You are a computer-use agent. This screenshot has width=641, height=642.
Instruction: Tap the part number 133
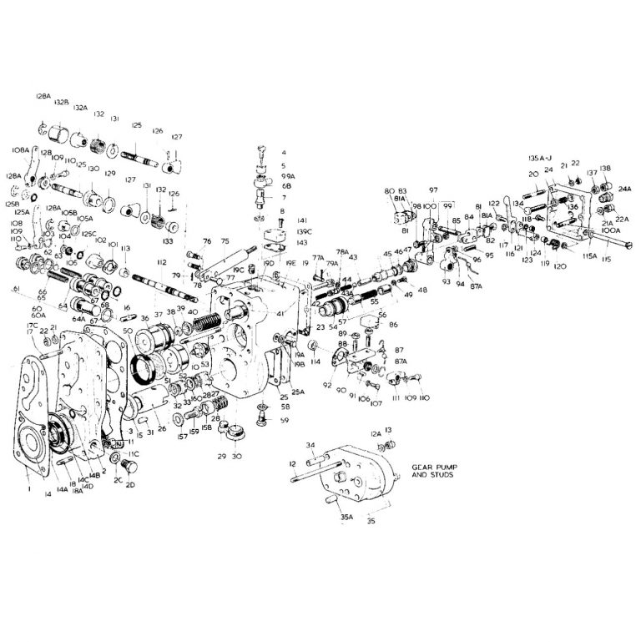(169, 240)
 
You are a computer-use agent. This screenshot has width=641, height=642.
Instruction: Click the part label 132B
(61, 102)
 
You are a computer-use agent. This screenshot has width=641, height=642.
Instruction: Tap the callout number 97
(434, 191)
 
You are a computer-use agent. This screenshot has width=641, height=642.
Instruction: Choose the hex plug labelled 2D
(128, 466)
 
